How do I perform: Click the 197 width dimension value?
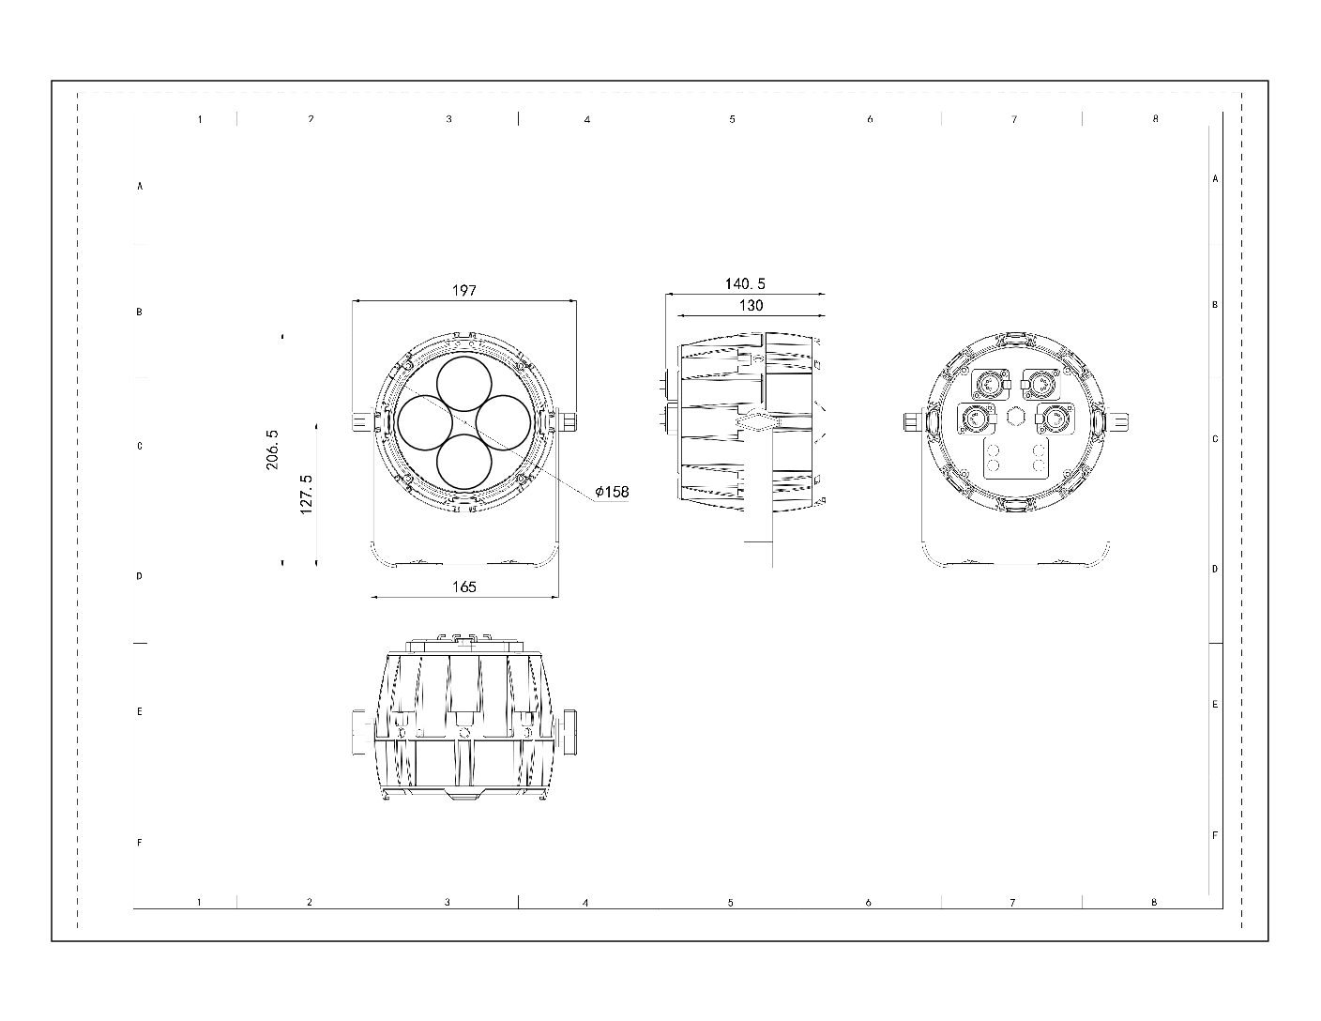pyautogui.click(x=464, y=291)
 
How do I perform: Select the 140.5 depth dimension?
pyautogui.click(x=745, y=283)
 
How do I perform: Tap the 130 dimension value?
pyautogui.click(x=751, y=305)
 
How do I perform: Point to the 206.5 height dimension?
pyautogui.click(x=272, y=450)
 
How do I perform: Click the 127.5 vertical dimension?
pyautogui.click(x=306, y=494)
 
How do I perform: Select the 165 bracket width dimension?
pyautogui.click(x=464, y=587)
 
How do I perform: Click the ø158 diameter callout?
pyautogui.click(x=611, y=492)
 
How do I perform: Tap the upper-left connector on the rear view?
pyautogui.click(x=987, y=383)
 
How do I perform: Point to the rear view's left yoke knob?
pyautogui.click(x=910, y=422)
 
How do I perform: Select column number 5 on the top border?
pyautogui.click(x=732, y=119)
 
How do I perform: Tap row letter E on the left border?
pyautogui.click(x=140, y=712)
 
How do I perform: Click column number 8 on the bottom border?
pyautogui.click(x=1154, y=902)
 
